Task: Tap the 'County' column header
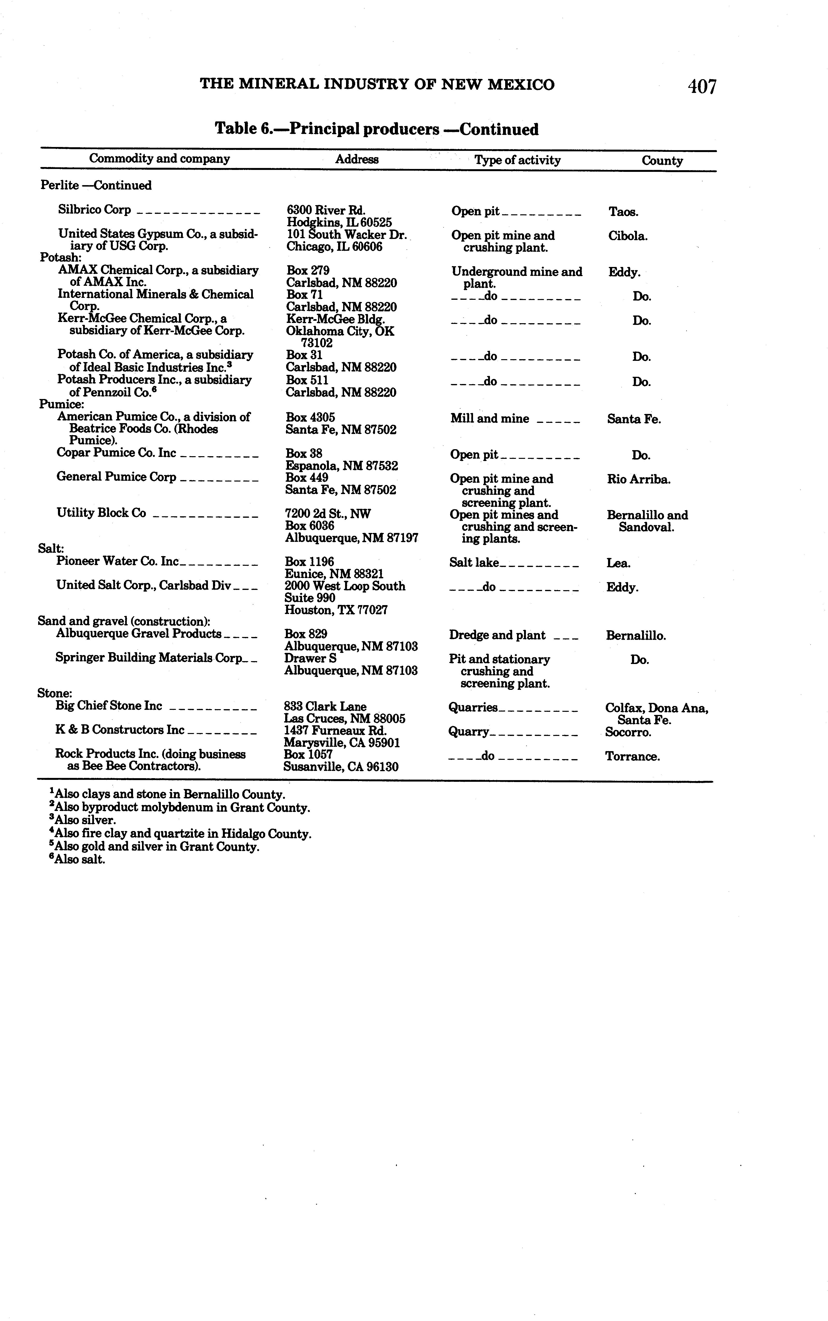coord(662,161)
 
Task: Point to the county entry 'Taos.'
coord(623,212)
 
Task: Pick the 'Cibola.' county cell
coord(628,236)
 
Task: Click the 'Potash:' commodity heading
coord(60,257)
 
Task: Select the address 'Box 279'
coord(308,270)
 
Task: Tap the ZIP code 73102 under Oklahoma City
coord(317,343)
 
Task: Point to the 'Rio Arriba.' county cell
coord(638,479)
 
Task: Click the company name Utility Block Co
coord(101,513)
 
